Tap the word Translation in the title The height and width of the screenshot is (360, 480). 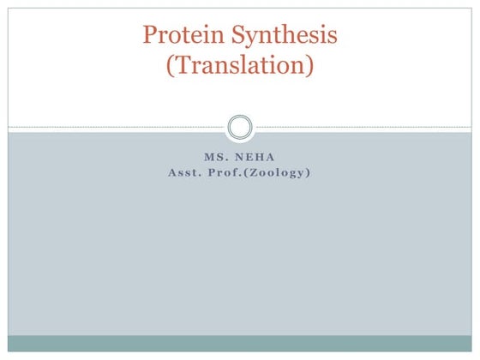click(240, 65)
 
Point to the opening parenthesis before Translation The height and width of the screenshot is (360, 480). click(168, 66)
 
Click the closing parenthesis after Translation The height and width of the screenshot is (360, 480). click(311, 66)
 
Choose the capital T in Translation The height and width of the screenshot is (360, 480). click(181, 65)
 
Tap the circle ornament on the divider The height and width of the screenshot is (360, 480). click(240, 129)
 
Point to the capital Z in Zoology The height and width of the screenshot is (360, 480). click(261, 173)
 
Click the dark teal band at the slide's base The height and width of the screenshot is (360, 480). click(240, 343)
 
